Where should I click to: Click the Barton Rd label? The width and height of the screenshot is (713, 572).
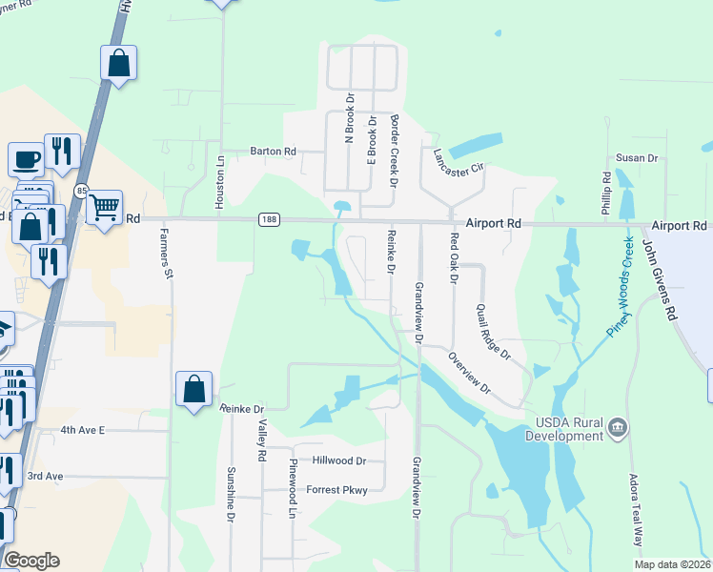273,151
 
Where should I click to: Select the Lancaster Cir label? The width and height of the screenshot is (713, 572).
458,159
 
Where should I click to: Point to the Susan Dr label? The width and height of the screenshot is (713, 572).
637,157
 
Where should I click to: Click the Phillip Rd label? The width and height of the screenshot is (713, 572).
606,192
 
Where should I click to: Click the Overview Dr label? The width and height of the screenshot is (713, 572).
469,372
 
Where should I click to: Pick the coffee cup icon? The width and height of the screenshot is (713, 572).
26,157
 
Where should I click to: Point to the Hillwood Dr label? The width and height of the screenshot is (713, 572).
339,460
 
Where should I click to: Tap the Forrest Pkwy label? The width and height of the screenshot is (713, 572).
336,490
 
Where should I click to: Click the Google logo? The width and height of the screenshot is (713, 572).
31,561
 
